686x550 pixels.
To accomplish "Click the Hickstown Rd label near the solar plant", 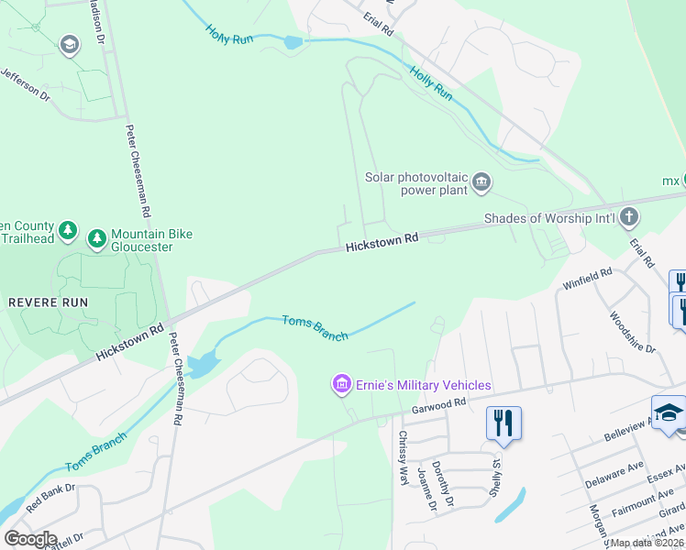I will (382, 239).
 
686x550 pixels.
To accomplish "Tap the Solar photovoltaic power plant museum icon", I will (481, 184).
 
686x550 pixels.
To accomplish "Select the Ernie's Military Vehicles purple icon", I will (341, 383).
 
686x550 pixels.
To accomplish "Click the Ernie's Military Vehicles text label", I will (423, 385).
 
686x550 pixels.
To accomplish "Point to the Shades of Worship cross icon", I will (628, 217).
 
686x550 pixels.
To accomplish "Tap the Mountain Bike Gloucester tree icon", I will (96, 239).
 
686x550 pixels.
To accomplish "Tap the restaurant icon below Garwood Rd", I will (503, 423).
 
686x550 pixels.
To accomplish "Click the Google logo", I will (30, 538).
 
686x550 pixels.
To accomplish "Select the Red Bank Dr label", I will (49, 501).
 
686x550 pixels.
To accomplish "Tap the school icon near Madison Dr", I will (69, 44).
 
